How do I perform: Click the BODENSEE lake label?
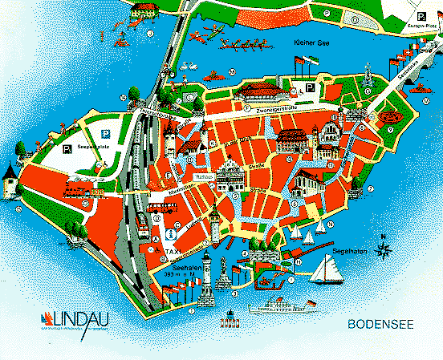point(380,326)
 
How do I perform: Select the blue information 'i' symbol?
point(169,236)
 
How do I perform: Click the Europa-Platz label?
point(421,26)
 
